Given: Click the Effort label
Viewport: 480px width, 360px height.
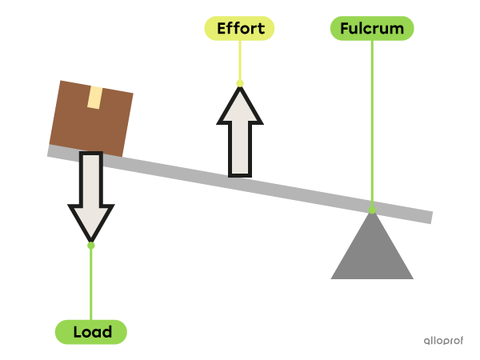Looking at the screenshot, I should click(x=239, y=29).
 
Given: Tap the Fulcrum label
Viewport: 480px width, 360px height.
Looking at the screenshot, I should click(x=372, y=29).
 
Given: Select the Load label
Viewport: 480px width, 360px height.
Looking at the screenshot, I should click(x=90, y=331).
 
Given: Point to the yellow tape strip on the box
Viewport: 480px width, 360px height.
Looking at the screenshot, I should click(x=95, y=98).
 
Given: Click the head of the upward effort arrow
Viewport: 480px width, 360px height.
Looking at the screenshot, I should click(x=240, y=108).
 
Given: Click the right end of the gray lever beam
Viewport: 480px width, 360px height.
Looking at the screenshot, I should click(x=428, y=218).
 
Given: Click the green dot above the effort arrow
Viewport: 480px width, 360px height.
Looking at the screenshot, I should click(x=240, y=82).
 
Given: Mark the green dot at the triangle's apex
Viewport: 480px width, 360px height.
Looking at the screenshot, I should click(x=372, y=210).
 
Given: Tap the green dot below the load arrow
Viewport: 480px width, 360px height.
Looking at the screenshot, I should click(x=91, y=245).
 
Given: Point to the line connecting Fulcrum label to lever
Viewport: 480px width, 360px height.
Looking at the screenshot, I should click(x=372, y=120).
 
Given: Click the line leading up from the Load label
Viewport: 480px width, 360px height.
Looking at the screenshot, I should click(x=91, y=284).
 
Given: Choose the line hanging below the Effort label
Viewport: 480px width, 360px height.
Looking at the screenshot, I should click(x=240, y=60).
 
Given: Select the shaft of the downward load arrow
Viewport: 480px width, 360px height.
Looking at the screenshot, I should click(x=91, y=180).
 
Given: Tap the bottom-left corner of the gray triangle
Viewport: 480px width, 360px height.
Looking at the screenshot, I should click(x=333, y=278).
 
